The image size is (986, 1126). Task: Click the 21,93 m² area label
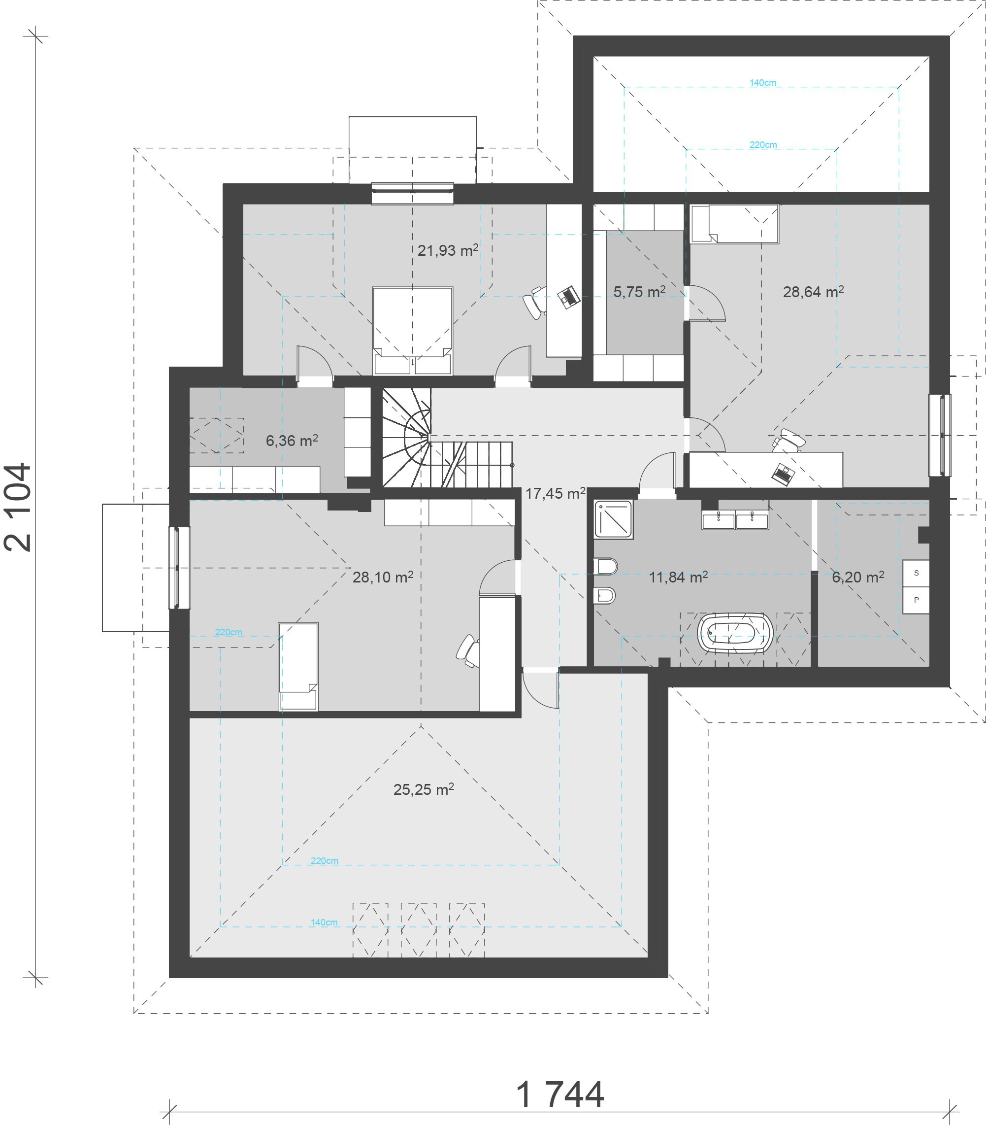click(447, 250)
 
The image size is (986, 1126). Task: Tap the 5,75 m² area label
click(639, 291)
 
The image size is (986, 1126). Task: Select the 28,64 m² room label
click(813, 291)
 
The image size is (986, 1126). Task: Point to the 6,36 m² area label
click(292, 440)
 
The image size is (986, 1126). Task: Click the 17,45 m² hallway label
click(555, 493)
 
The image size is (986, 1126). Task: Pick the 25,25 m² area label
click(423, 789)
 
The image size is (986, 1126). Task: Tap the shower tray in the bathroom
click(613, 519)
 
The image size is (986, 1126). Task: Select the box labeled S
click(916, 573)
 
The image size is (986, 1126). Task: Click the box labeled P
click(916, 600)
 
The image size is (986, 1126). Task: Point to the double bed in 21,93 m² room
click(412, 330)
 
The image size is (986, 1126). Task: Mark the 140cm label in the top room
click(762, 83)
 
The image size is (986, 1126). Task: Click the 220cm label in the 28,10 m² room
click(229, 632)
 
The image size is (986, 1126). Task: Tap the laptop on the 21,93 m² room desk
click(569, 297)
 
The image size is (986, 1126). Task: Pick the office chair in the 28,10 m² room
click(468, 651)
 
